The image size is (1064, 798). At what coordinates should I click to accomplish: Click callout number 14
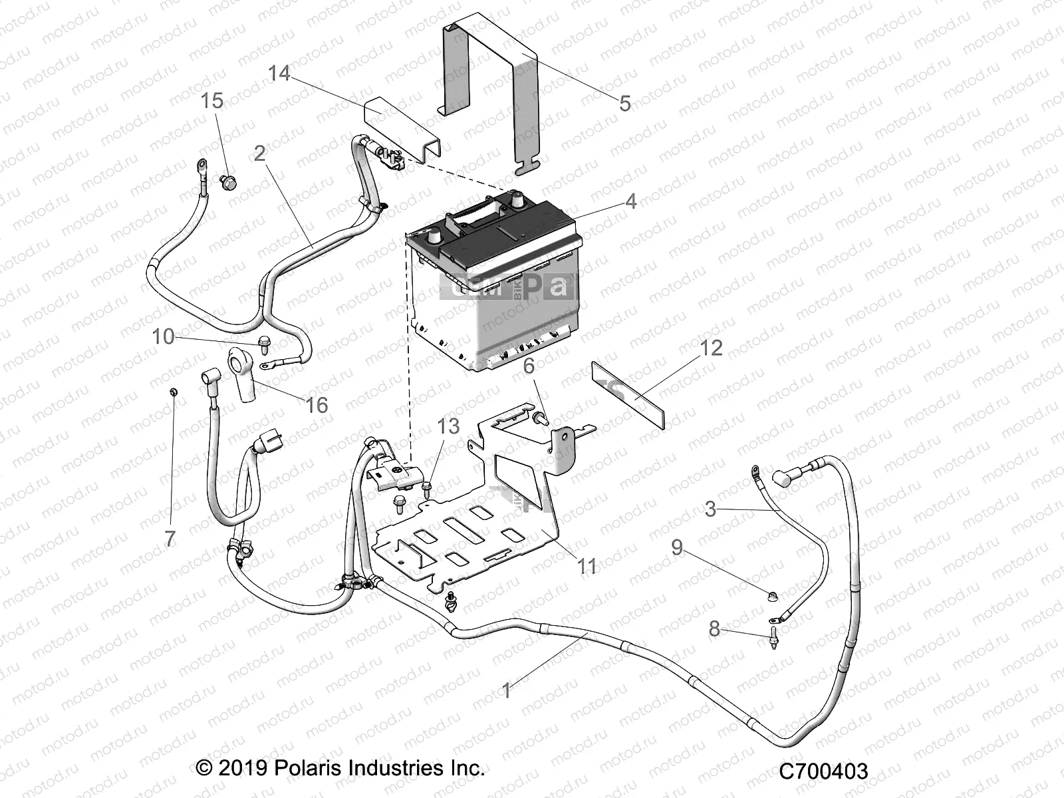pos(279,72)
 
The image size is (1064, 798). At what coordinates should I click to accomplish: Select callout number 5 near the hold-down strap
pos(624,103)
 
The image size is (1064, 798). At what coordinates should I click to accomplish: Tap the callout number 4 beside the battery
pos(630,200)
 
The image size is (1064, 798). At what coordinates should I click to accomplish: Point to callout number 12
pos(710,348)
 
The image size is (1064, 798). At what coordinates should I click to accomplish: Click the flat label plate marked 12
pos(628,396)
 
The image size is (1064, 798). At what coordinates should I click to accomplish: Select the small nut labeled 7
pos(172,392)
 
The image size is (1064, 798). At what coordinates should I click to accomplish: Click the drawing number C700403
pos(824,771)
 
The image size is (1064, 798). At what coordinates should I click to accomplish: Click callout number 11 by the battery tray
pos(587,566)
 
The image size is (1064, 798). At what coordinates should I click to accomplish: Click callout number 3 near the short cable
pos(710,509)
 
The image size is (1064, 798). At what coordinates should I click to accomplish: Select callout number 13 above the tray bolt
pos(448,426)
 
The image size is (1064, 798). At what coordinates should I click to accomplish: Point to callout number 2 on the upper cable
pos(260,154)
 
